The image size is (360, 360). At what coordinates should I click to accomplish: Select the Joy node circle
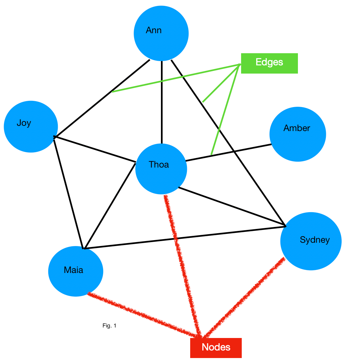coord(31,126)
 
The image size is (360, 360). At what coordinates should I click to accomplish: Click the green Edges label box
coord(269,63)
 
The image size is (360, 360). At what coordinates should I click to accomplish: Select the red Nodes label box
coord(216,348)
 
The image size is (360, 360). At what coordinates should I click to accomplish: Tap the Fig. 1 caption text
coord(109,326)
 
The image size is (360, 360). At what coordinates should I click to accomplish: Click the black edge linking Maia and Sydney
coord(184,237)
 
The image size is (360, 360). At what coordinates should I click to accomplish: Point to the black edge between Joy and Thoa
coord(95,149)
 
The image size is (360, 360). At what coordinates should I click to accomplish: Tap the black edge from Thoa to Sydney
coord(232,207)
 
